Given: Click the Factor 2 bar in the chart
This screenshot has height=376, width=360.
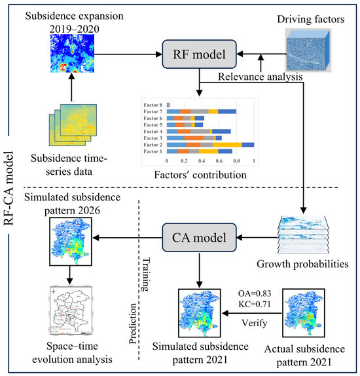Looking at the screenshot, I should coord(210,145).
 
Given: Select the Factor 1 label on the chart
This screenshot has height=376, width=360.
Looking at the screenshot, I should coord(154,151).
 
